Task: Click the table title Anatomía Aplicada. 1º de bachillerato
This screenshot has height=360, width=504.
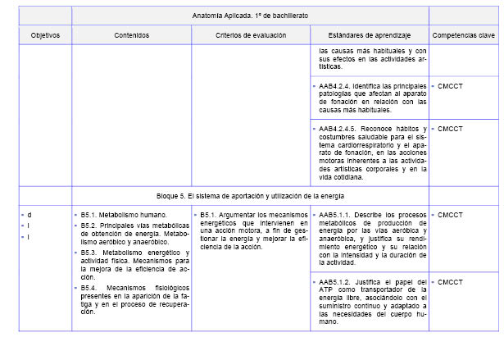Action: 250,15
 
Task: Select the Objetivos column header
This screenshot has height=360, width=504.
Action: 45,35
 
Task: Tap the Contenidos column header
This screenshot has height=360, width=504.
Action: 131,35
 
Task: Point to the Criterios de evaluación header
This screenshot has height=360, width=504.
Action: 251,35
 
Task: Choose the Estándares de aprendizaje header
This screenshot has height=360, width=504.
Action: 369,35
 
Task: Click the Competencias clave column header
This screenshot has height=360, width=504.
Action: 463,35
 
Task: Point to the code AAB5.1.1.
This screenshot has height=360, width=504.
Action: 336,215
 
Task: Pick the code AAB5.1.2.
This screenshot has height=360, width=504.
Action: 336,282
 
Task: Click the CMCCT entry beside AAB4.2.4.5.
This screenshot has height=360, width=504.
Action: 451,129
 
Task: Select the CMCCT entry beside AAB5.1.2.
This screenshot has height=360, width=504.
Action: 451,282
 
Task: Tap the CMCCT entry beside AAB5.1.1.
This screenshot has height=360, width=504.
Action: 451,215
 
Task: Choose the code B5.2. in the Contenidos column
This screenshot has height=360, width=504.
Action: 89,225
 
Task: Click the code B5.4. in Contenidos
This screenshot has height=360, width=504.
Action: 89,289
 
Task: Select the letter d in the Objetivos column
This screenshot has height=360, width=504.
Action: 30,215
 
